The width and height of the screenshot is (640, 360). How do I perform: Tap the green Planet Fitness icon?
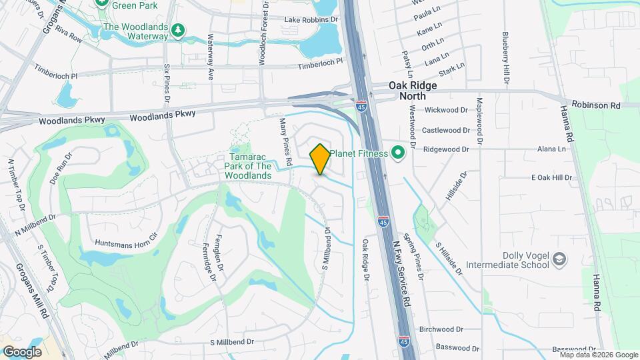click(398, 153)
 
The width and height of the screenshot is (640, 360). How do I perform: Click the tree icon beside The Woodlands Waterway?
click(177, 30)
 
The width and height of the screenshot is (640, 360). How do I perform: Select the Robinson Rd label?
click(599, 105)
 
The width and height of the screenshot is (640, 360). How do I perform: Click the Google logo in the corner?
click(22, 351)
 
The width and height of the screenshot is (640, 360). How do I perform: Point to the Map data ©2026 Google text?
click(595, 355)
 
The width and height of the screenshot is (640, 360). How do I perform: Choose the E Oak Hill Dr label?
click(551, 177)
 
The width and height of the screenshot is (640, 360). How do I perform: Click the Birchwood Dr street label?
click(441, 329)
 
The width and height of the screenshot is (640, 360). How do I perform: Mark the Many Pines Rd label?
click(286, 141)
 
